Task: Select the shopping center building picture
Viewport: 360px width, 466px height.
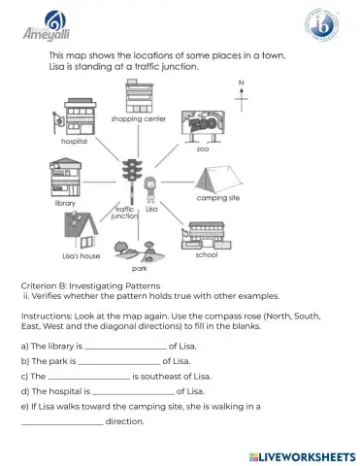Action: (137, 96)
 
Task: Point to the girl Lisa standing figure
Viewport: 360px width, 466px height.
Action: (150, 188)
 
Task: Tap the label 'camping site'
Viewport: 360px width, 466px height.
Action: (219, 198)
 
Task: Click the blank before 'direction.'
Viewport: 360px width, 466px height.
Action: (61, 422)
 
